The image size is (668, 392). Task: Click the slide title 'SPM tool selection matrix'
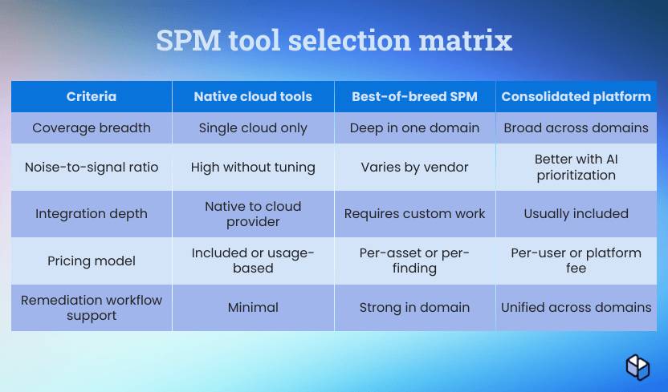pyautogui.click(x=334, y=40)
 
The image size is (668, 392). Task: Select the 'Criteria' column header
pyautogui.click(x=92, y=96)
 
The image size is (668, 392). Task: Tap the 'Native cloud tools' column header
pyautogui.click(x=253, y=96)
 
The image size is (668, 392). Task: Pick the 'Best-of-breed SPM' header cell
pyautogui.click(x=414, y=96)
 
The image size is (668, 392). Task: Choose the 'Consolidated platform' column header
pyautogui.click(x=576, y=96)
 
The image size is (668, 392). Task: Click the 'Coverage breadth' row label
pyautogui.click(x=92, y=128)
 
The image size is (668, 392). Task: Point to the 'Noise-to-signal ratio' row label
pyautogui.click(x=92, y=167)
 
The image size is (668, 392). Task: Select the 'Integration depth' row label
pyautogui.click(x=92, y=213)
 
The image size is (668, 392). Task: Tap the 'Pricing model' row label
pyautogui.click(x=92, y=261)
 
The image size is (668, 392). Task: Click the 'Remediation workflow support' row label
pyautogui.click(x=92, y=308)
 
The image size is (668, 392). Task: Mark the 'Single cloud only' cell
pyautogui.click(x=253, y=128)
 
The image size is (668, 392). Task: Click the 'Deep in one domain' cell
pyautogui.click(x=414, y=128)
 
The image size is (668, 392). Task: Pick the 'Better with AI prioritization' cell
pyautogui.click(x=576, y=167)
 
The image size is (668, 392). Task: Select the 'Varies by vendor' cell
pyautogui.click(x=414, y=167)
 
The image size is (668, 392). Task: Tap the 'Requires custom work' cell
pyautogui.click(x=414, y=213)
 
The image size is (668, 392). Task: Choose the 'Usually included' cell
pyautogui.click(x=576, y=213)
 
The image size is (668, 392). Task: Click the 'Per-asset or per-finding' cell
pyautogui.click(x=414, y=261)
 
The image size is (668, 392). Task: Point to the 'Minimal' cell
pyautogui.click(x=253, y=307)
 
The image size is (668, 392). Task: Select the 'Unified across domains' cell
pyautogui.click(x=576, y=307)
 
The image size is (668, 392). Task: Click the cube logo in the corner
pyautogui.click(x=637, y=367)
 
